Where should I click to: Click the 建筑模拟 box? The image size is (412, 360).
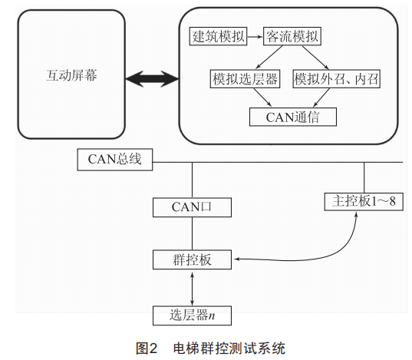218,36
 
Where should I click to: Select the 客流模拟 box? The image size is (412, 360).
292,36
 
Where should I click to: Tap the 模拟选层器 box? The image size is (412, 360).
245,78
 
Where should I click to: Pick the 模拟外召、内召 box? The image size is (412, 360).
337,78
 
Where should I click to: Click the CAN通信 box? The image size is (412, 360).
293,117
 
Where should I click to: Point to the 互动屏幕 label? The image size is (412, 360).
71,75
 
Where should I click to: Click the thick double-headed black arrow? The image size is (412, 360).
152,78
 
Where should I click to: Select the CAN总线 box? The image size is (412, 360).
115,160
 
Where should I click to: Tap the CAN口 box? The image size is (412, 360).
192,207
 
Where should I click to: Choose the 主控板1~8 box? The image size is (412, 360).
364,201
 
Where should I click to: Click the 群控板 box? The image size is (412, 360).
192,259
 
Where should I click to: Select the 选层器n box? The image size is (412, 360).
192,315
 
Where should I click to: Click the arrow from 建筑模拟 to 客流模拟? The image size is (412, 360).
255,37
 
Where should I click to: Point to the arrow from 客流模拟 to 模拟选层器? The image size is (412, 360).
269,58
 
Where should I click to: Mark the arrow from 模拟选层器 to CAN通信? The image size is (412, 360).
262,97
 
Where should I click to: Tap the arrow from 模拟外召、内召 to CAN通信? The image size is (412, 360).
321,97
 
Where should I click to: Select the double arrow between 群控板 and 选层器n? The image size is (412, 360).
192,289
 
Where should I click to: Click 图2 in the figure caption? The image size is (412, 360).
147,348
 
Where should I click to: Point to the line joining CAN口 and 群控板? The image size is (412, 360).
192,233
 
